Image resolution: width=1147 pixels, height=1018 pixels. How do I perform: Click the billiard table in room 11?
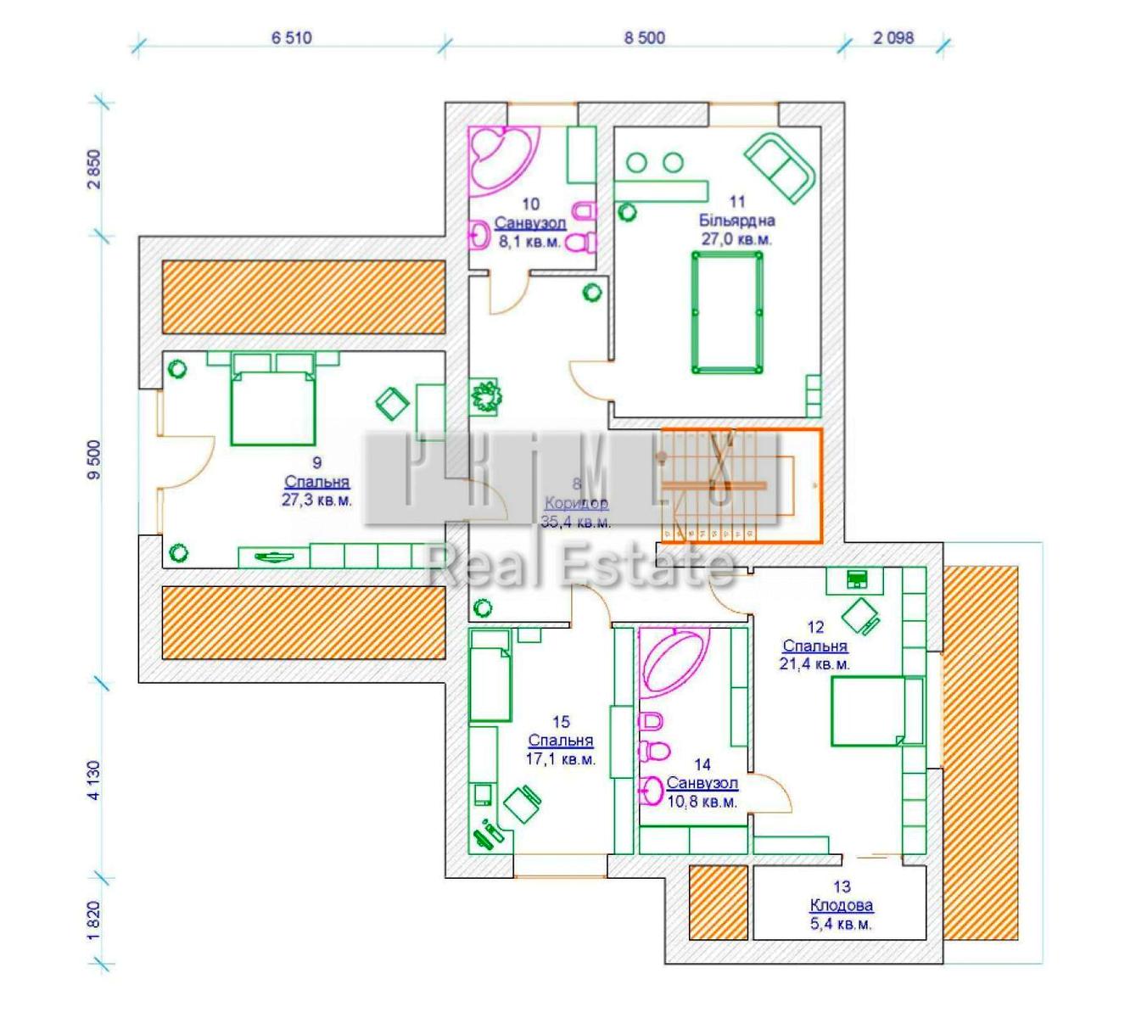coord(727,313)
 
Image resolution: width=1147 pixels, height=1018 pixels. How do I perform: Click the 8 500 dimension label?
coord(645,37)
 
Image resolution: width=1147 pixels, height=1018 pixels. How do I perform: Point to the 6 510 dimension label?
coord(292,37)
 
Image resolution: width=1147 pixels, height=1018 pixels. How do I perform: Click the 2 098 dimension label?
coord(893,37)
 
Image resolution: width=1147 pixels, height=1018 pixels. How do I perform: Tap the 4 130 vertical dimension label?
coord(93,780)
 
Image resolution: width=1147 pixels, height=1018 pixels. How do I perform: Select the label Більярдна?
coord(736,221)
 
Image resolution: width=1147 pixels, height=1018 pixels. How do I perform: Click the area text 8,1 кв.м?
coord(529,242)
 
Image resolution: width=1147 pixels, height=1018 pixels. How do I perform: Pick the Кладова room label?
coord(841,905)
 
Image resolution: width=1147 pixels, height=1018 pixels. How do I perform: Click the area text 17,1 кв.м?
coord(560,759)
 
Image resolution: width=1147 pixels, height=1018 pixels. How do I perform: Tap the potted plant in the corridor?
coord(486,396)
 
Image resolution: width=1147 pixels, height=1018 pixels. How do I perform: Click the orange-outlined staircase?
coord(740,485)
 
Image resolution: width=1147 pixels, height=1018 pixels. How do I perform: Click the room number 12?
coord(815,627)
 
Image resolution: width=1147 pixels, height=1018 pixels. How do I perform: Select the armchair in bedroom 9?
coord(392,403)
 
